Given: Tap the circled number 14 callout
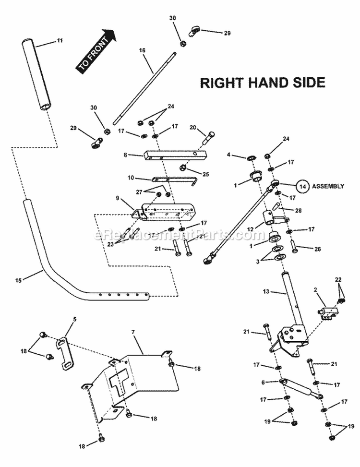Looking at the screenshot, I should point(302,186).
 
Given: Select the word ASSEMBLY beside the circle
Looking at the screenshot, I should point(328,186).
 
